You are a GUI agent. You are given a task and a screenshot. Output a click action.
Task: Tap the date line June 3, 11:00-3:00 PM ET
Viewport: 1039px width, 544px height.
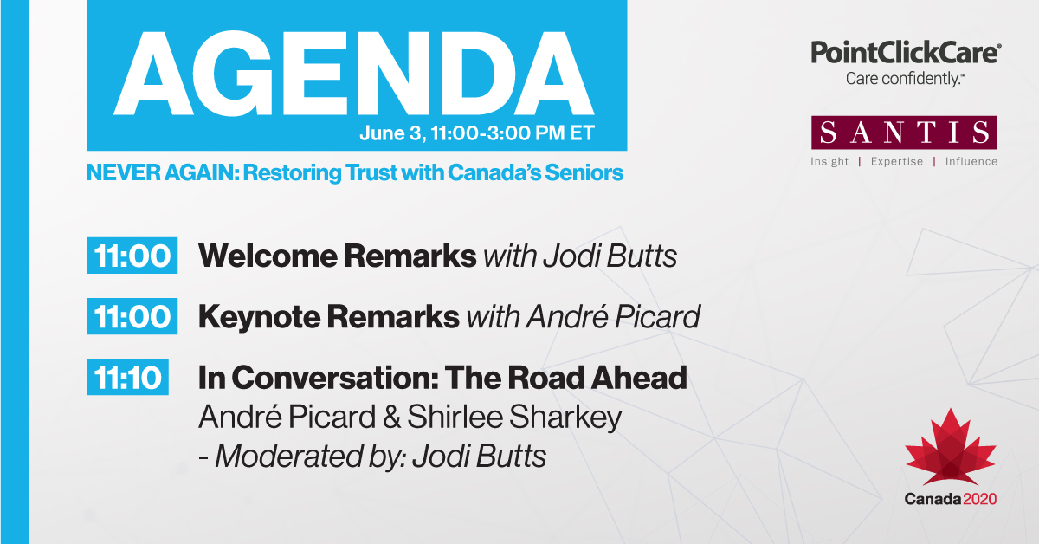tap(475, 136)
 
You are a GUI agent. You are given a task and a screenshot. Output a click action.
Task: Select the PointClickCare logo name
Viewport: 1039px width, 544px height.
tap(905, 53)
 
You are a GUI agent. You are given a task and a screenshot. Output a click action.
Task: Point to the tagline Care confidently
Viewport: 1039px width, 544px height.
tap(905, 79)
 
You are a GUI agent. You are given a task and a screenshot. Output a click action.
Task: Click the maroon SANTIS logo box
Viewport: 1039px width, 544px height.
tap(904, 133)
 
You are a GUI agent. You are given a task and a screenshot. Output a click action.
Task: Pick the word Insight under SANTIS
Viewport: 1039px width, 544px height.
tap(829, 162)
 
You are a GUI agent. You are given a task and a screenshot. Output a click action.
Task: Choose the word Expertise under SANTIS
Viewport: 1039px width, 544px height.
tap(896, 162)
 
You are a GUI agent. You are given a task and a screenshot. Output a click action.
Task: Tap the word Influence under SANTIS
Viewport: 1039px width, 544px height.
tap(971, 162)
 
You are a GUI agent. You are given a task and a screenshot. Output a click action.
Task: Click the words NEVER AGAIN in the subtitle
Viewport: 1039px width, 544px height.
tap(161, 172)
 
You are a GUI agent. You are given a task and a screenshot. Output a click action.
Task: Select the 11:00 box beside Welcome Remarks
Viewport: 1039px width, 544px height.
tap(132, 256)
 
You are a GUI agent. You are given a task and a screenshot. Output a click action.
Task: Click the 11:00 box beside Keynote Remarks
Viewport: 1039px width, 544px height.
tap(132, 317)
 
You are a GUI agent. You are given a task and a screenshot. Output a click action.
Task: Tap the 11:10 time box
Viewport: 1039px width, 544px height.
tap(126, 378)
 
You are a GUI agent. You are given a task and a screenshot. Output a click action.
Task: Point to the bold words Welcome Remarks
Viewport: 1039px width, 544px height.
tap(337, 256)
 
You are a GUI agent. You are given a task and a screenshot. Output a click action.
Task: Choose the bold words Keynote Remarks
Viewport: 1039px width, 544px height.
tap(328, 317)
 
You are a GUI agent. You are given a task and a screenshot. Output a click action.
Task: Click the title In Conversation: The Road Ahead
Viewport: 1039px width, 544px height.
tap(442, 378)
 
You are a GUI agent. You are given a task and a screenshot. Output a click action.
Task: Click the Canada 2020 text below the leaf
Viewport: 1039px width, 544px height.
tap(951, 499)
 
